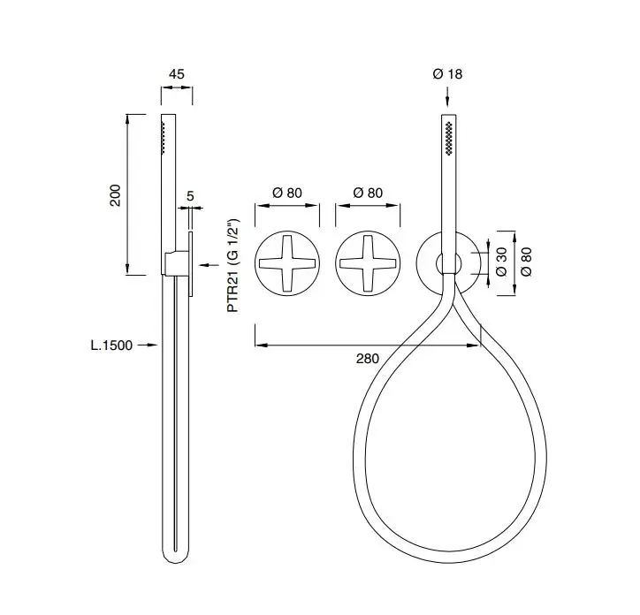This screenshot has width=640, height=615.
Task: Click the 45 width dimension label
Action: point(177,74)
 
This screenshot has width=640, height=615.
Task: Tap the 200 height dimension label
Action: point(116,195)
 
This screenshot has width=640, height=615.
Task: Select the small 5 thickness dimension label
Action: point(190,196)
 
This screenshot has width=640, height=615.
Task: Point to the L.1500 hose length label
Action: point(111,345)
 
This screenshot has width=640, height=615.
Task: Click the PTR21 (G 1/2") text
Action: point(233,266)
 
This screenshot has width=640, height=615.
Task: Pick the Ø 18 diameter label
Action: point(447,74)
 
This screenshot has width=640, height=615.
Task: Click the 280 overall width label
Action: point(368,358)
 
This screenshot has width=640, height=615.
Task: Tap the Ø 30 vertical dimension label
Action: point(501,262)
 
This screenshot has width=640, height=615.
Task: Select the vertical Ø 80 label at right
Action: point(527,262)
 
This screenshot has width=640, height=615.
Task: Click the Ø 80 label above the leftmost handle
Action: point(287,193)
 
